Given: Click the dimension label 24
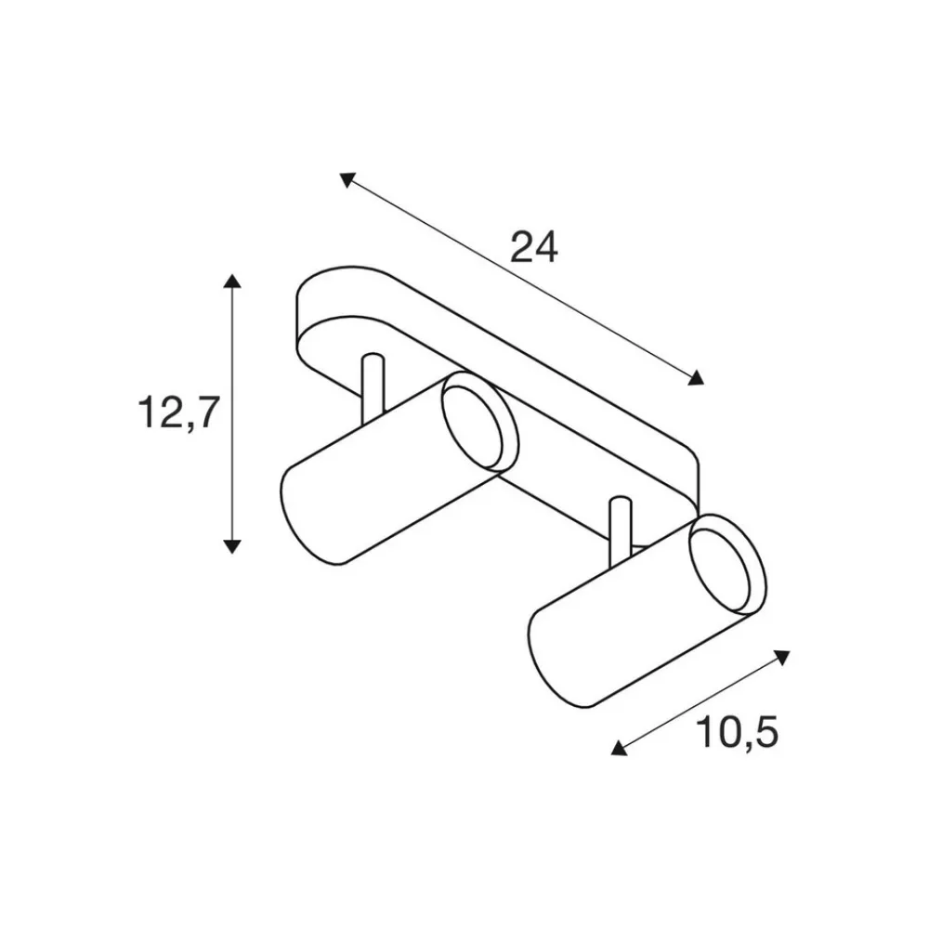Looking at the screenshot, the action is coord(534,247).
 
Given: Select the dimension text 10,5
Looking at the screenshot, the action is coord(738,732).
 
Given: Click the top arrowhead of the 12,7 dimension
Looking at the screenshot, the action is coord(232,281).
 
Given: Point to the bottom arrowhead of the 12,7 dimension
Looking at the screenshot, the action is coord(232,546).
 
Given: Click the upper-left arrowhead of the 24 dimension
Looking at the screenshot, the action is coord(347,179).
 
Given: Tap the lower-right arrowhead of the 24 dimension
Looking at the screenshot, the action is coord(696,377).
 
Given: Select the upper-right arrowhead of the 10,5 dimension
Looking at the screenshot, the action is coord(782,657).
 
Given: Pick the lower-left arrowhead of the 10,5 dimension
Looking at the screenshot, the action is coord(619,748).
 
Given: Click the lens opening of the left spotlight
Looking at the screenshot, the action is coord(473,422).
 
